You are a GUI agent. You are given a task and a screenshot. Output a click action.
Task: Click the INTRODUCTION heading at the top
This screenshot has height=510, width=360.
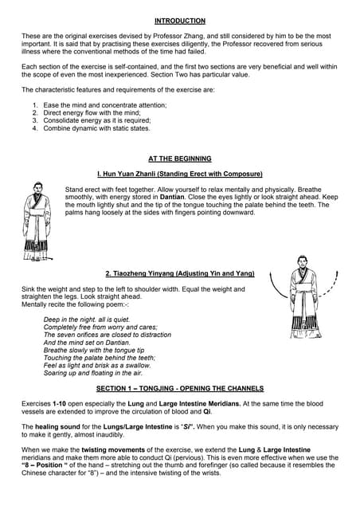[179, 21]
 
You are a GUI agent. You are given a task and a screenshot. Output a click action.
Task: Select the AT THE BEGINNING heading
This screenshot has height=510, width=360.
[179, 159]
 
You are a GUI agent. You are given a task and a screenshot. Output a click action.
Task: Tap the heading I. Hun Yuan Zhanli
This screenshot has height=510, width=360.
[179, 173]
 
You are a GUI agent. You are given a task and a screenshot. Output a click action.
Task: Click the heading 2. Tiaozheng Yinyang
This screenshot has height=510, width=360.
[179, 273]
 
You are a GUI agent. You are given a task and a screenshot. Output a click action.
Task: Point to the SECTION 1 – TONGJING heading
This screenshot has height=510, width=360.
[179, 388]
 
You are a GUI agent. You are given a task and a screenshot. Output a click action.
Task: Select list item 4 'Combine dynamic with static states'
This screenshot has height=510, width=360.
[96, 127]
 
